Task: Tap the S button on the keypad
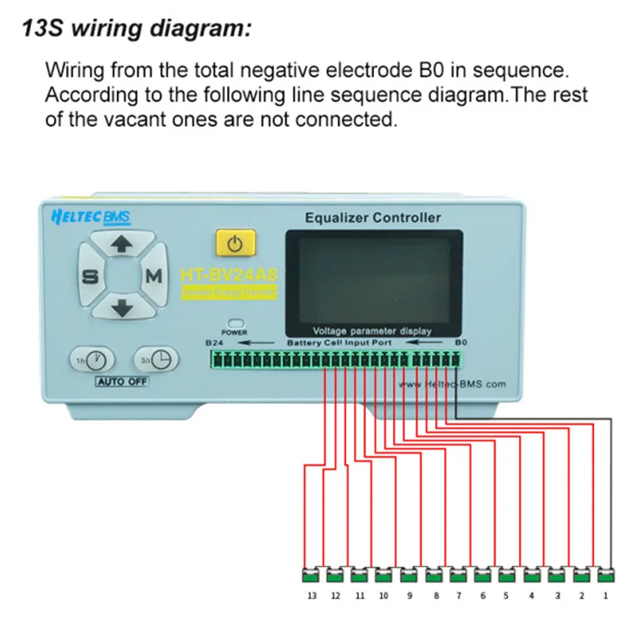point(89,276)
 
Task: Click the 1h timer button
point(92,360)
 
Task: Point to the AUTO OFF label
point(121,381)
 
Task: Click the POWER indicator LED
point(234,324)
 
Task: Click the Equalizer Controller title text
point(372,217)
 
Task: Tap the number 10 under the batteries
point(383,594)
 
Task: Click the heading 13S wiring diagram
point(136,30)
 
